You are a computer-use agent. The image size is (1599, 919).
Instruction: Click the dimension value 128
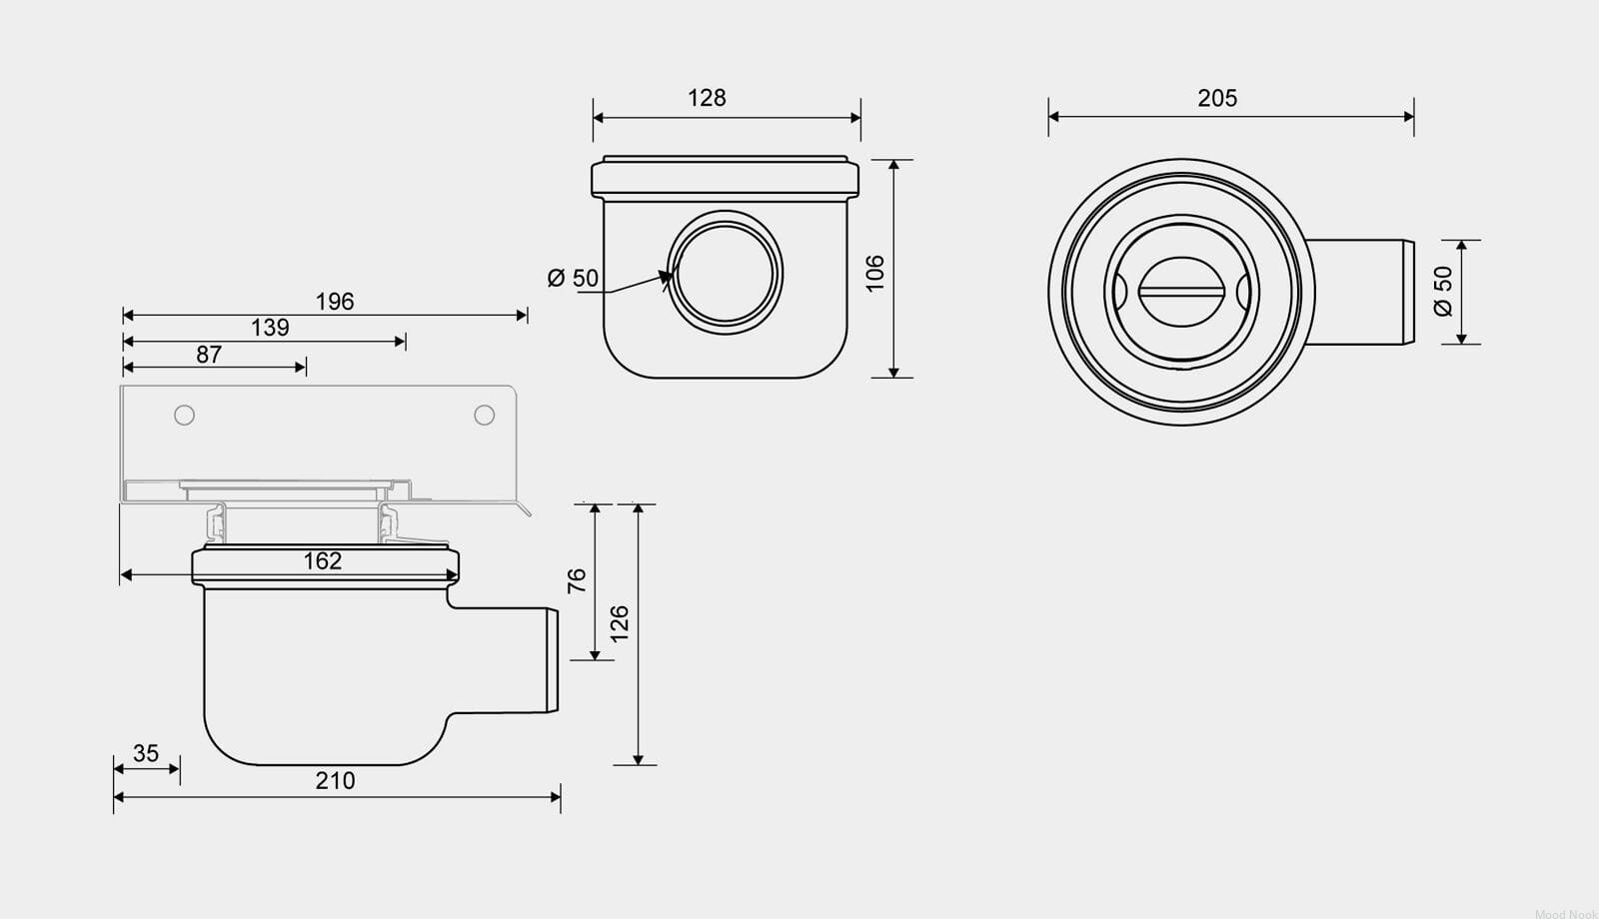coord(707,98)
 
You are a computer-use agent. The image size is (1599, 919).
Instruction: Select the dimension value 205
coord(1217,98)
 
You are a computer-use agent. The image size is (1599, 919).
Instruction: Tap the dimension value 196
coord(335,301)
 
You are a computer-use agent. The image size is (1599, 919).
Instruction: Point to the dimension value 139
coord(270,328)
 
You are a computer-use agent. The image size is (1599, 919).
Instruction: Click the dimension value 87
coord(209,354)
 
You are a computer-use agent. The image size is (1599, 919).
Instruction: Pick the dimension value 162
coord(323,560)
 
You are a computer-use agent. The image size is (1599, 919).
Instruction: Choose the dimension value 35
coord(146,753)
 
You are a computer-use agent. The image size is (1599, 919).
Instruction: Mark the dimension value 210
coord(335,780)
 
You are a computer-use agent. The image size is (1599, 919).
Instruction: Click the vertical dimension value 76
coord(577,580)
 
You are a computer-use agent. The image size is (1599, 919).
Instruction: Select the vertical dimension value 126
coord(620,623)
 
